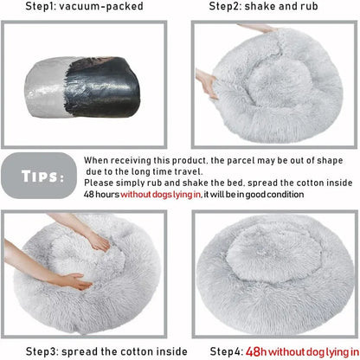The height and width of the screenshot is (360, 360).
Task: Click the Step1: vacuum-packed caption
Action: (86, 6)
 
